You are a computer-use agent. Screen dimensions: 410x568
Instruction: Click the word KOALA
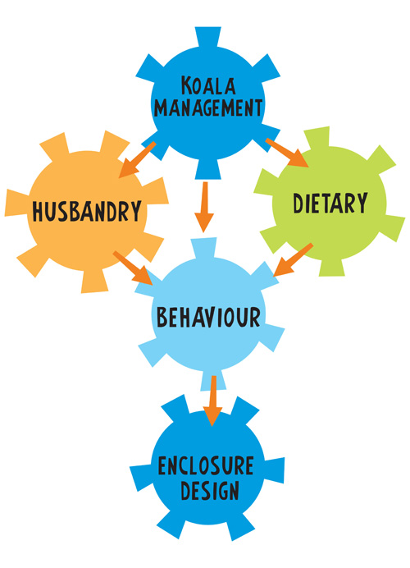(208, 85)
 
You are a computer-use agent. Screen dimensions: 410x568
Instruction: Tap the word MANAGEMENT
(208, 108)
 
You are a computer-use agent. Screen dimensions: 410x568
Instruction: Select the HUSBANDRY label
(87, 211)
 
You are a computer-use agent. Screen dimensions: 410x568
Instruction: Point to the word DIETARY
(330, 203)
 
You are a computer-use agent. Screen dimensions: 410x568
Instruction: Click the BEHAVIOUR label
(208, 317)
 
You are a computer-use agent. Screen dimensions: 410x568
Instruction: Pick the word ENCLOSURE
(206, 466)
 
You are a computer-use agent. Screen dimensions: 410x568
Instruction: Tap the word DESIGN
(210, 491)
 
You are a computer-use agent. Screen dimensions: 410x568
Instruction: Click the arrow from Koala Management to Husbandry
(137, 160)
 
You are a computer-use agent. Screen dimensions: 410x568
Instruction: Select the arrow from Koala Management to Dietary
(287, 153)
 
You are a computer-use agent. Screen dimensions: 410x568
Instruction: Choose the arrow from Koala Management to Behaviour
(204, 207)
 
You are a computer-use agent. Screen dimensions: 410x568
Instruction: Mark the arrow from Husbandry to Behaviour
(133, 268)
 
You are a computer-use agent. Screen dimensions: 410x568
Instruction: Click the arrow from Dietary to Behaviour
(293, 259)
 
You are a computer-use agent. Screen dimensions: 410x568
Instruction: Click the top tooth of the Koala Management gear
(208, 36)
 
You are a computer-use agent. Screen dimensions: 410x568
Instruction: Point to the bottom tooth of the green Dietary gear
(331, 268)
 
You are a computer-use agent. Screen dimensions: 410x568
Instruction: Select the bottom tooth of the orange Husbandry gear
(94, 282)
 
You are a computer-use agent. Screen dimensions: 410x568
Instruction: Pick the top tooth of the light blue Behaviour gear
(204, 248)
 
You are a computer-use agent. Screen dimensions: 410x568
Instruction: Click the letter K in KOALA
(186, 85)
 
